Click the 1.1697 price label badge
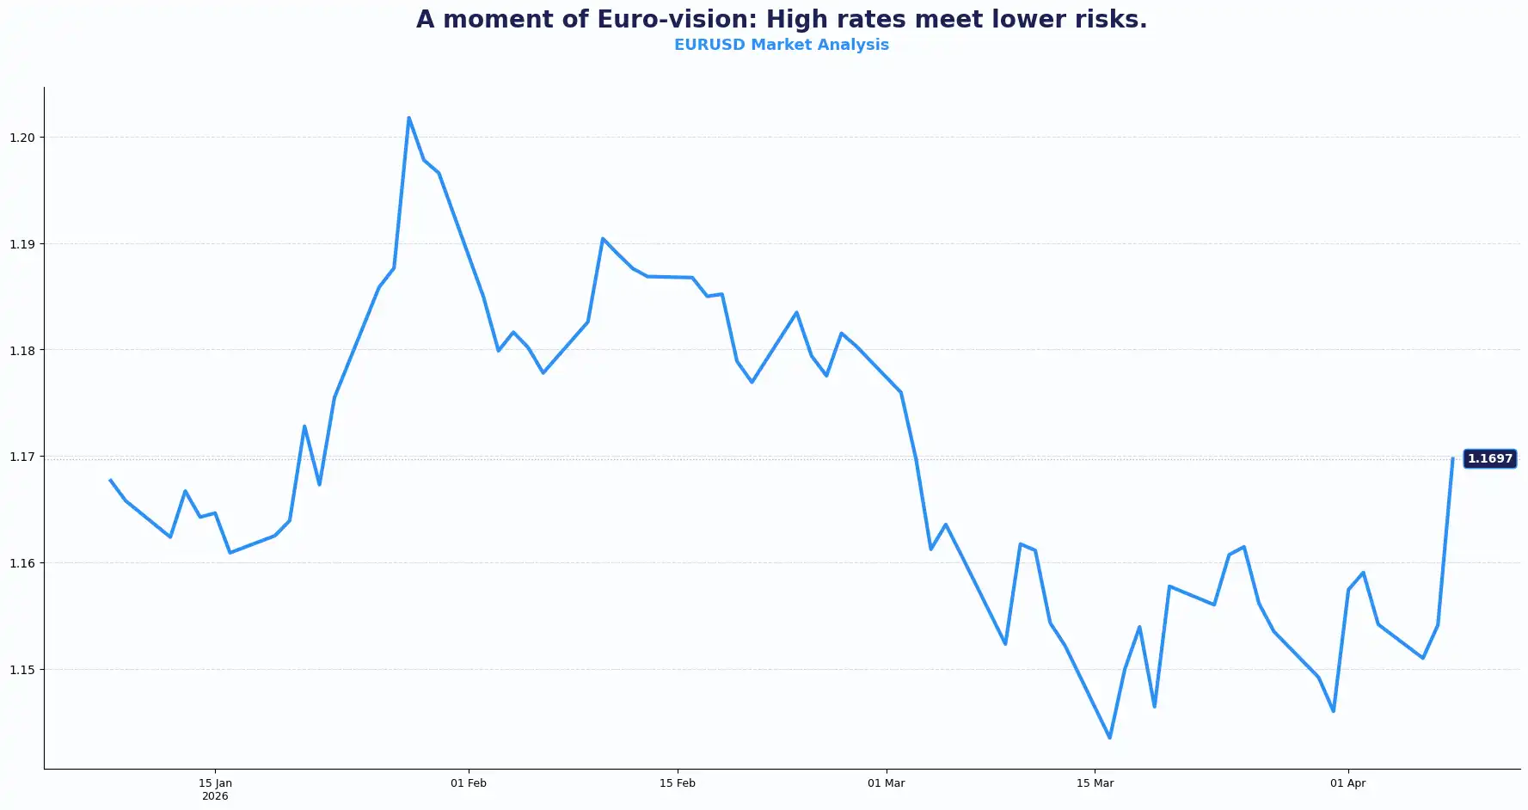(1489, 459)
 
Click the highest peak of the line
(408, 118)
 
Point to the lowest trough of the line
(1109, 738)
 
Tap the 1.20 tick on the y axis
(22, 138)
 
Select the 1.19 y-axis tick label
(22, 244)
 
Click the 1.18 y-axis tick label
(22, 350)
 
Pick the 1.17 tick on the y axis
(22, 457)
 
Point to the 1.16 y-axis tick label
(22, 563)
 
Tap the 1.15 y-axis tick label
(22, 669)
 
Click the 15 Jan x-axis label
(215, 783)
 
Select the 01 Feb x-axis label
(469, 783)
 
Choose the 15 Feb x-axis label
(678, 783)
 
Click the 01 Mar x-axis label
(886, 783)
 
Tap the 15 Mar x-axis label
(1095, 783)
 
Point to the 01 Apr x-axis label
(1347, 783)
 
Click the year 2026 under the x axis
(215, 796)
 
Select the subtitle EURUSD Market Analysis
(781, 45)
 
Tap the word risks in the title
(1111, 19)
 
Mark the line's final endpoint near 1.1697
(1452, 459)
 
